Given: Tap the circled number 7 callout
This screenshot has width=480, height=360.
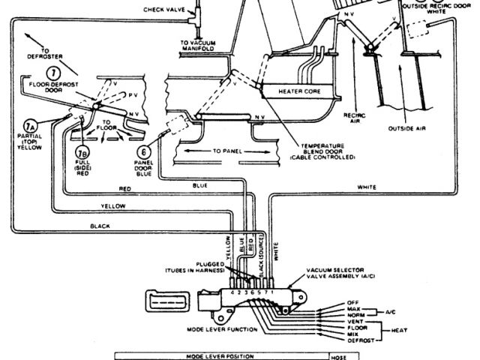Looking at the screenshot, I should pos(52,73).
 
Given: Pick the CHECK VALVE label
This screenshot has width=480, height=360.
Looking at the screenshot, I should pos(169,9).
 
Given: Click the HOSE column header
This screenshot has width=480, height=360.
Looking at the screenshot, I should pos(339,355).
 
